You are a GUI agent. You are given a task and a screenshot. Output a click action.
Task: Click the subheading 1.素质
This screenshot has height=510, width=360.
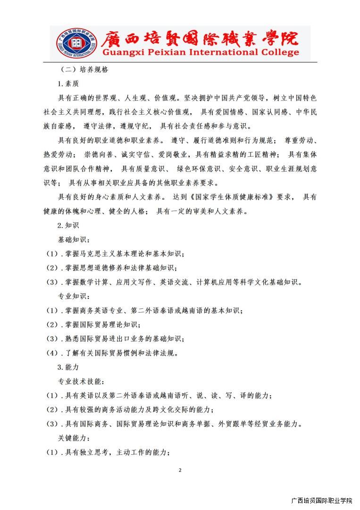click(x=68, y=84)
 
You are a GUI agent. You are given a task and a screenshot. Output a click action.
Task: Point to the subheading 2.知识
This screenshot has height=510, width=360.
click(x=68, y=225)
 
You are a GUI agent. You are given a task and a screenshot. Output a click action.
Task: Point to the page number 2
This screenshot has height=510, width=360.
click(x=180, y=470)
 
